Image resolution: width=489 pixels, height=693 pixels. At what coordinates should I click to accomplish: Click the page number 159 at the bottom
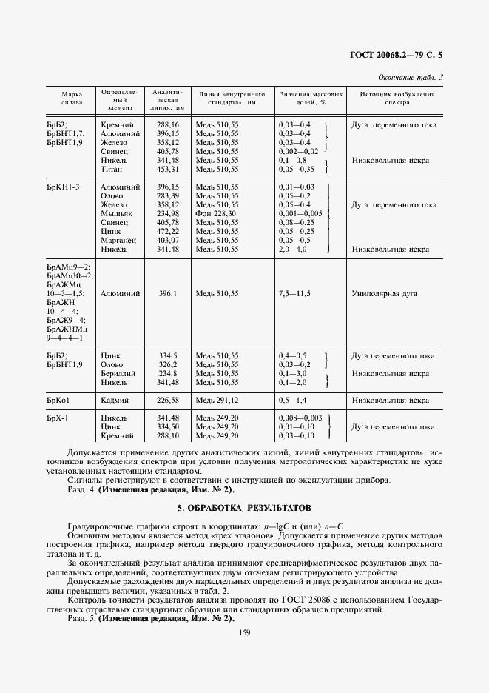point(244,632)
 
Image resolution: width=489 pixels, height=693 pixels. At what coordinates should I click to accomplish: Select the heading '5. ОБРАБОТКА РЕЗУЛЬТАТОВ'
point(244,508)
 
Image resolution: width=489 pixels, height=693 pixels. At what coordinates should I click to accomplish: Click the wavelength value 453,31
point(169,169)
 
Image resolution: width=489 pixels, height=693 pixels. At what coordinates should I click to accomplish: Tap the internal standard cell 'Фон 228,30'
point(217,213)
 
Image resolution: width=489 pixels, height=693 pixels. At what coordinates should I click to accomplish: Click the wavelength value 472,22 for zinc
point(169,231)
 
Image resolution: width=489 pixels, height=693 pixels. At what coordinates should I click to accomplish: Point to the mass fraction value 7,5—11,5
point(294,294)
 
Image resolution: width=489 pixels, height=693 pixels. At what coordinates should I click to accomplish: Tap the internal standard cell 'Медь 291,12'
point(217,401)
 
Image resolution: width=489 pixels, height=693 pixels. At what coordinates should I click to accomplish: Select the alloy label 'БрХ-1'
point(57,418)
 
